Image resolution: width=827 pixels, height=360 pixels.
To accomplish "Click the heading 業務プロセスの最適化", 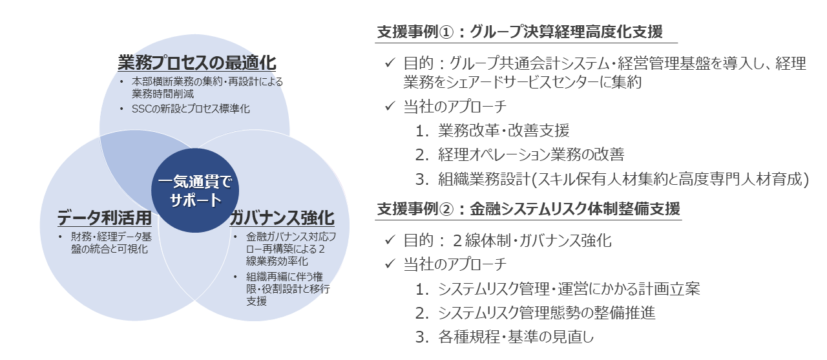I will (x=197, y=63).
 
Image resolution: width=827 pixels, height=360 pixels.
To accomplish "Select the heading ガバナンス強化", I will (x=281, y=217).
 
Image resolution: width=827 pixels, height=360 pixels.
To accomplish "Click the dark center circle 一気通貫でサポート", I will (x=195, y=191).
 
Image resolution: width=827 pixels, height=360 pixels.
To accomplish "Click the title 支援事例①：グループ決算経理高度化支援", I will (x=519, y=32).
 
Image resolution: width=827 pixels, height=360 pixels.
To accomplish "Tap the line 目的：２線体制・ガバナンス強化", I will (x=507, y=240).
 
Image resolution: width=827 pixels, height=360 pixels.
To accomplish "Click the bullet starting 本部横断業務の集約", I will (x=207, y=87).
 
